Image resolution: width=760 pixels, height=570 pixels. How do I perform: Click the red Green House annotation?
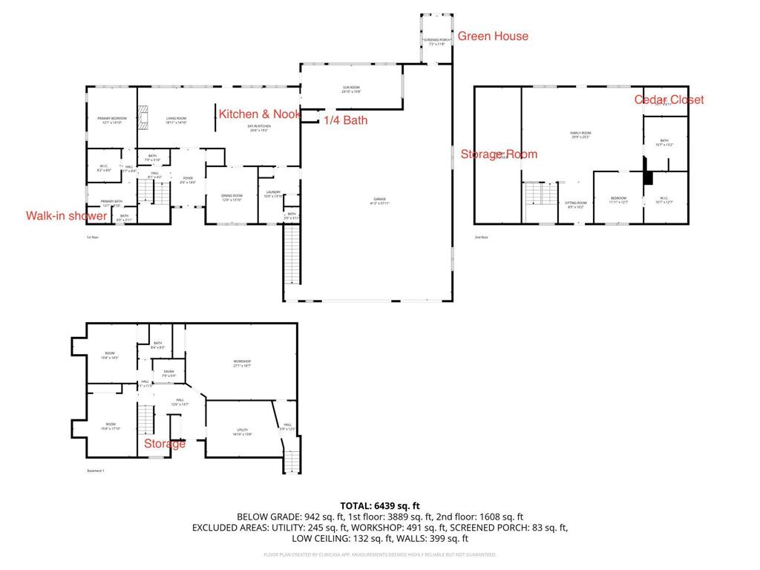point(493,36)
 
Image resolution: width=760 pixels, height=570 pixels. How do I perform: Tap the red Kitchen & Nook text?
point(259,114)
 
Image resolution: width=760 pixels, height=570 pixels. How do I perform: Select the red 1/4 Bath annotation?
point(345,119)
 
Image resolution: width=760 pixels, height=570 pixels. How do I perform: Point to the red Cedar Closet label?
point(669,99)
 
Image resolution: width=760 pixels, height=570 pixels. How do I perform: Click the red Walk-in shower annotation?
point(66,215)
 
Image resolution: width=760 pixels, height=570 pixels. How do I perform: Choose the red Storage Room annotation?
point(499,154)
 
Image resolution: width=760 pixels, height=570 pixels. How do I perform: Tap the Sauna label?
point(169,373)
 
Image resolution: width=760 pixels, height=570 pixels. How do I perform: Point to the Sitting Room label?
point(576,204)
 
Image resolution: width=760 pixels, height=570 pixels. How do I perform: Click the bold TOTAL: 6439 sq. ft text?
point(380,505)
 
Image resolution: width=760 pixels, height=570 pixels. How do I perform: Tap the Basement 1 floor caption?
point(96,471)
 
